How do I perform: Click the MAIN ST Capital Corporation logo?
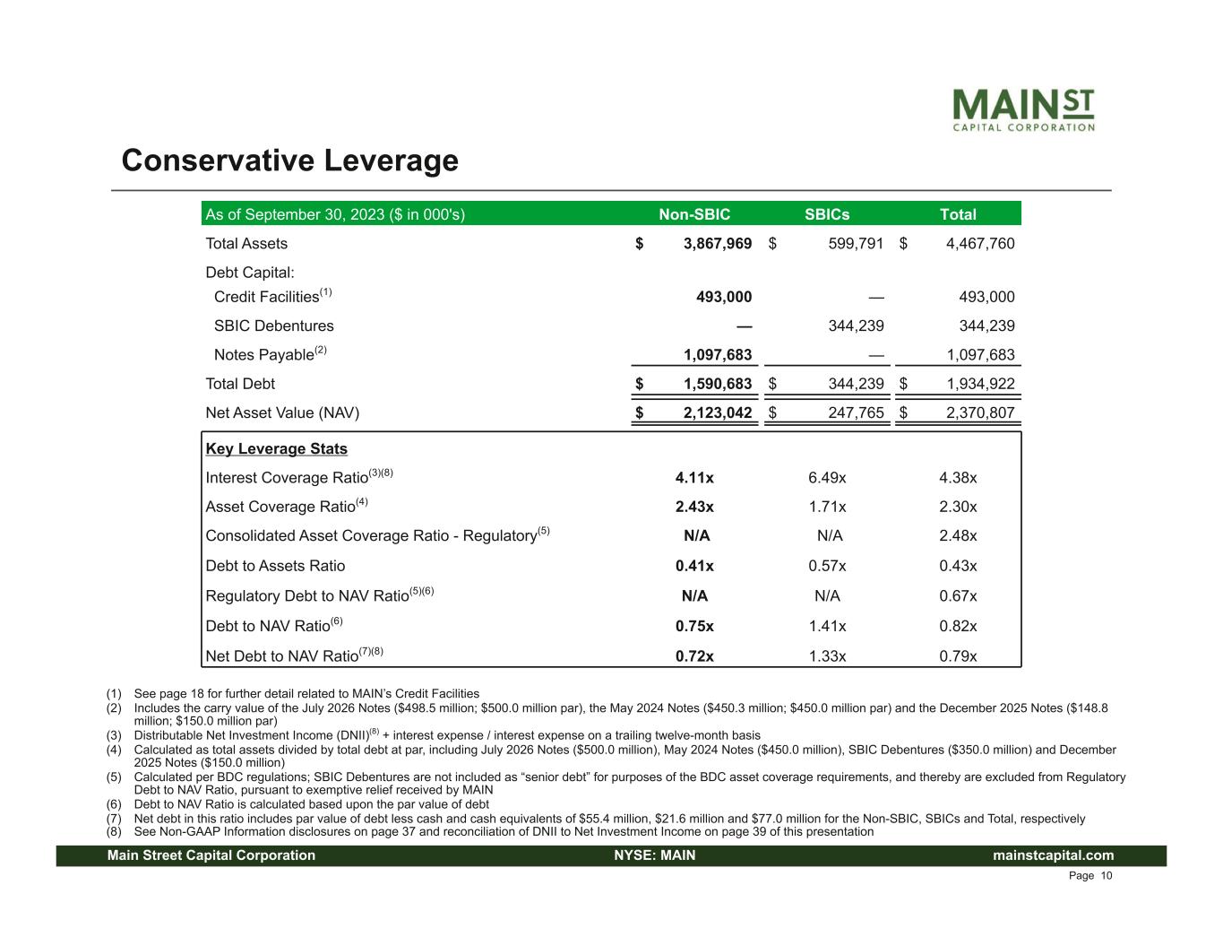pyautogui.click(x=1022, y=109)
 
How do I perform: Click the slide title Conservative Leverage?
pyautogui.click(x=289, y=161)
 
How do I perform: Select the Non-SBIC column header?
pyautogui.click(x=694, y=214)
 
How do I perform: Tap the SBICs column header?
pyautogui.click(x=827, y=214)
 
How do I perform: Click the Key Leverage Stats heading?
pyautogui.click(x=276, y=448)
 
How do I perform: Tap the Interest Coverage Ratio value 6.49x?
pyautogui.click(x=827, y=478)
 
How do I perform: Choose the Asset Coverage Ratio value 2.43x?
pyautogui.click(x=694, y=507)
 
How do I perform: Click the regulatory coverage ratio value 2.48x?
pyautogui.click(x=958, y=536)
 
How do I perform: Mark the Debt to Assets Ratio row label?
pyautogui.click(x=275, y=566)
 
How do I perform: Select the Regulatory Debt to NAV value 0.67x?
pyautogui.click(x=958, y=596)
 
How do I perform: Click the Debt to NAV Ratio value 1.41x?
pyautogui.click(x=827, y=626)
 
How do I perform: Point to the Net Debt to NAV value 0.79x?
pyautogui.click(x=958, y=656)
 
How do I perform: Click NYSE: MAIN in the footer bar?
pyautogui.click(x=654, y=855)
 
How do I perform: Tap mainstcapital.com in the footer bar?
pyautogui.click(x=1053, y=855)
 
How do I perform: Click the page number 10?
pyautogui.click(x=1107, y=876)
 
